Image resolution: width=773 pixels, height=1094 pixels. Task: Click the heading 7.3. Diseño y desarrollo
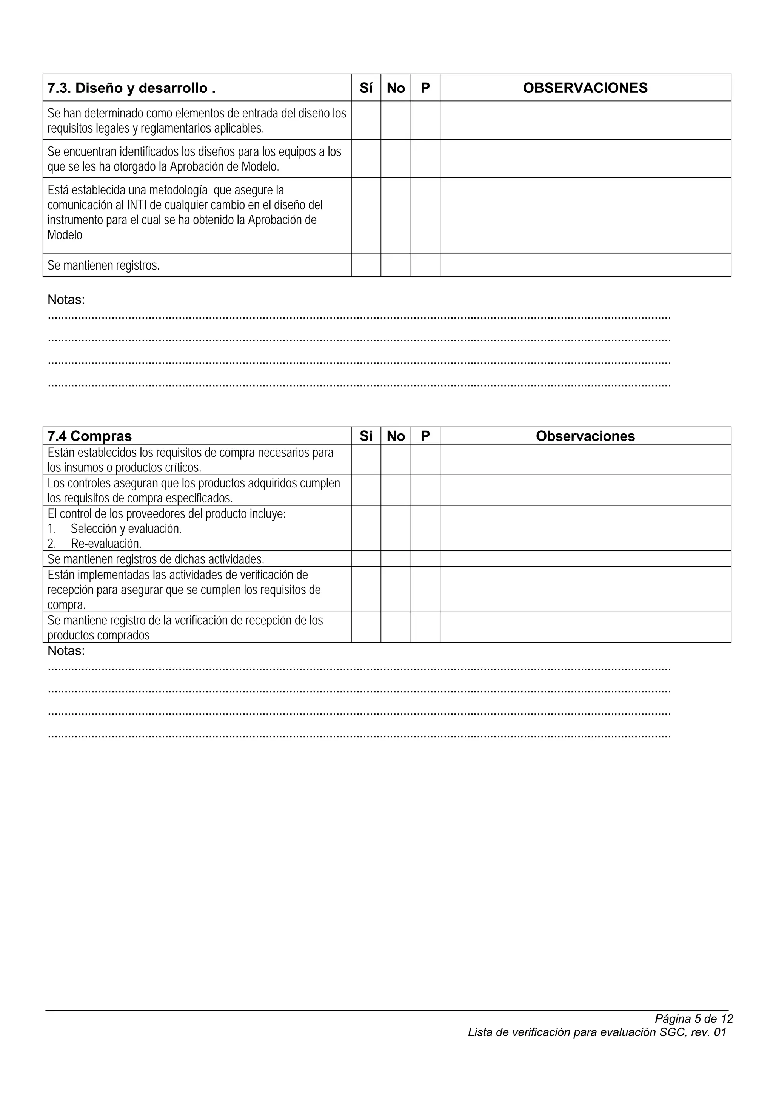(x=131, y=88)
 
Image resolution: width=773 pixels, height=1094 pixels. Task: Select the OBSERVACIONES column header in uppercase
(x=585, y=88)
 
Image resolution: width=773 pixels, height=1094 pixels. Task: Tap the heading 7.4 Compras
(x=89, y=436)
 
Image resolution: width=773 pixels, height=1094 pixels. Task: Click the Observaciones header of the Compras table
(x=585, y=436)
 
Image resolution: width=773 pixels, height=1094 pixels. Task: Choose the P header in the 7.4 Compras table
(x=425, y=436)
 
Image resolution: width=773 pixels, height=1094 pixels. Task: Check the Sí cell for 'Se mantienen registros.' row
(x=366, y=265)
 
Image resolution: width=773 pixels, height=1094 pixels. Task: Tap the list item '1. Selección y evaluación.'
(x=114, y=529)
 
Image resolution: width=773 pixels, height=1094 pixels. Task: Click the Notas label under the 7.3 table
(x=66, y=300)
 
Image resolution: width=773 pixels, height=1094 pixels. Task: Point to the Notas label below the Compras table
(x=66, y=651)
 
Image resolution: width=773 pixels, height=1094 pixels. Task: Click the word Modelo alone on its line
(x=65, y=235)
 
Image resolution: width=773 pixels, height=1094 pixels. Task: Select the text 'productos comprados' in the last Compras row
(x=98, y=635)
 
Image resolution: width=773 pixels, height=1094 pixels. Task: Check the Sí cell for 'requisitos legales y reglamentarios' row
(x=366, y=120)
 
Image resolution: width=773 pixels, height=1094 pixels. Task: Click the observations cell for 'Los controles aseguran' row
(x=585, y=490)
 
